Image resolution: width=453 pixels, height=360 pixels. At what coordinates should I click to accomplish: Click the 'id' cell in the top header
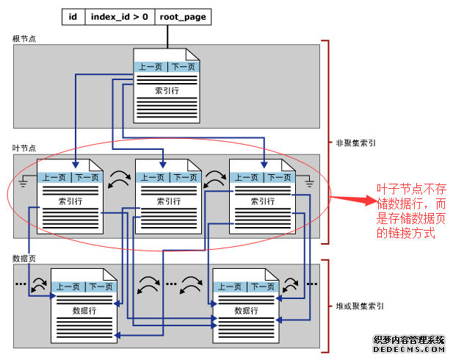click(73, 16)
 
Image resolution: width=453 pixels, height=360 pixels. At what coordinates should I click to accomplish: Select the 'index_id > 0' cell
click(120, 16)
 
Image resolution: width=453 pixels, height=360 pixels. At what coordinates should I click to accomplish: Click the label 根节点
click(23, 38)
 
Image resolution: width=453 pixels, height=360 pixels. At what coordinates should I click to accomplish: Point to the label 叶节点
click(23, 148)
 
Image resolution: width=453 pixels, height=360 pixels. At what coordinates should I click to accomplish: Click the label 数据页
click(23, 259)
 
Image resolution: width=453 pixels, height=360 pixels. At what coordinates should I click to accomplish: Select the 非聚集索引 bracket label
click(356, 145)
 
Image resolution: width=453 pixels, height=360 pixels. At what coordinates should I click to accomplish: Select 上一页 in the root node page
click(151, 67)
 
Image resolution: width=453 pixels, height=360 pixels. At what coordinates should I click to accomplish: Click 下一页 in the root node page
click(182, 67)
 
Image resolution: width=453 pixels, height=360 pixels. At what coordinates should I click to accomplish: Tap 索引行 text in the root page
click(167, 91)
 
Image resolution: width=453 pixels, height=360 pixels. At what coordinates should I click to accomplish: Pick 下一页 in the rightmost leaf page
click(279, 177)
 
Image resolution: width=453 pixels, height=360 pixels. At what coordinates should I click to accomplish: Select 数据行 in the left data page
click(84, 311)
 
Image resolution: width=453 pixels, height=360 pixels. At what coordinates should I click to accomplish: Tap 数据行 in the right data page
click(246, 311)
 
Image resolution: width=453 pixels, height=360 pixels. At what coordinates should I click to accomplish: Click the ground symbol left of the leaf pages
click(24, 179)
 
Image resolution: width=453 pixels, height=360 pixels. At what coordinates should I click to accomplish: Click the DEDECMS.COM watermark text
click(409, 350)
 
